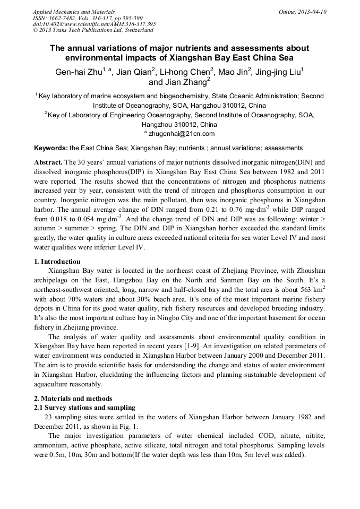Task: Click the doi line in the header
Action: pos(94,24)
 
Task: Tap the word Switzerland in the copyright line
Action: pos(136,30)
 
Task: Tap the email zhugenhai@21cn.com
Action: pos(182,134)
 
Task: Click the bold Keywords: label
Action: pos(51,148)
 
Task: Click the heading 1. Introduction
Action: pos(57,262)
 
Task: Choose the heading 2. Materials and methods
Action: pos(73,399)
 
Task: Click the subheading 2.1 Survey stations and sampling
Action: pos(85,408)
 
